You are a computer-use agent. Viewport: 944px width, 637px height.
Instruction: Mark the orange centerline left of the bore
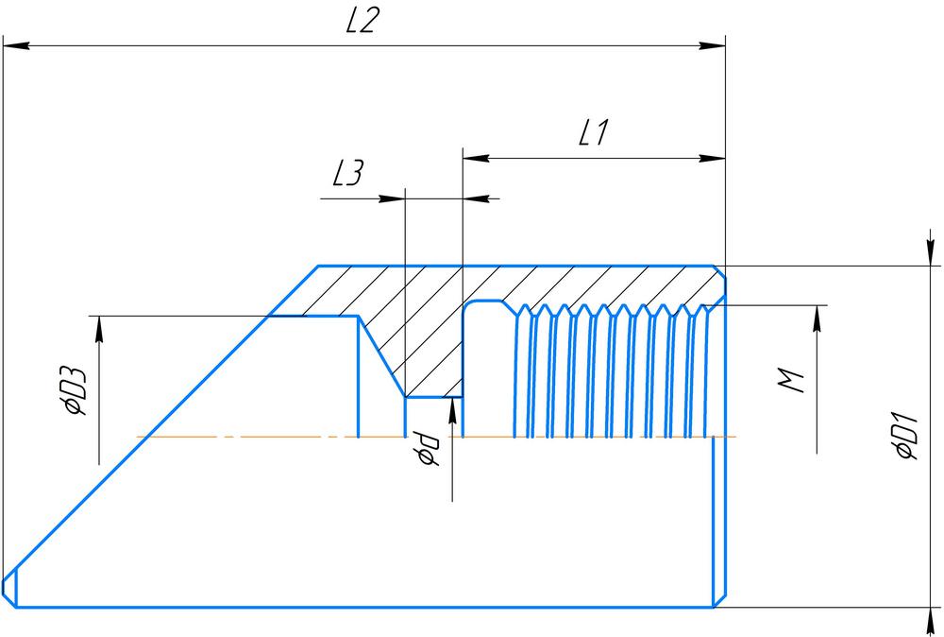coord(245,437)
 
